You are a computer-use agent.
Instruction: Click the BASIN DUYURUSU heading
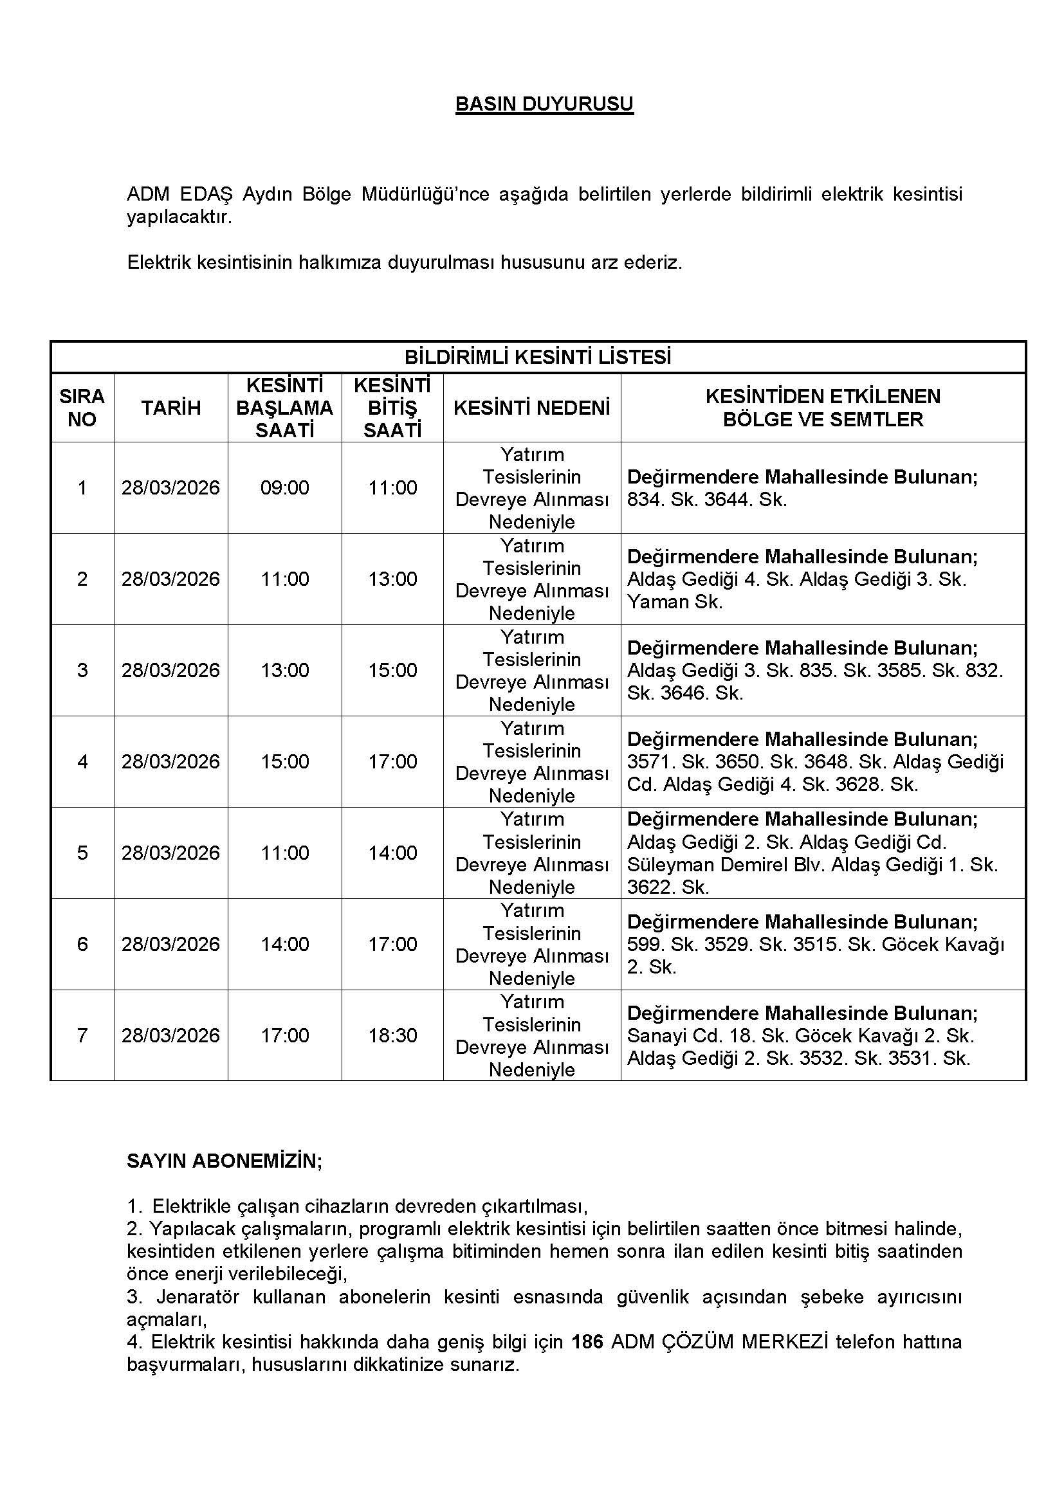tap(544, 104)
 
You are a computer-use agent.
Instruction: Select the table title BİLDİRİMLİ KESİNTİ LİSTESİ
tap(537, 357)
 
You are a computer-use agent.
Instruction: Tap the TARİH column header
tap(171, 408)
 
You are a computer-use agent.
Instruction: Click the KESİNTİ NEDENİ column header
tap(531, 408)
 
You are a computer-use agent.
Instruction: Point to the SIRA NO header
tap(82, 408)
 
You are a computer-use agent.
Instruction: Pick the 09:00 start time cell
tap(284, 487)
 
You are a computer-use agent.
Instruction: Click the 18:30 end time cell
tap(392, 1035)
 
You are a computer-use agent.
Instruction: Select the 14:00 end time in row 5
tap(392, 852)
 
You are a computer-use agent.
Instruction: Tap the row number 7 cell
tap(82, 1035)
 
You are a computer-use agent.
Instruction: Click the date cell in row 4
tap(171, 761)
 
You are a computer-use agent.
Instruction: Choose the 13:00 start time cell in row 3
tap(284, 670)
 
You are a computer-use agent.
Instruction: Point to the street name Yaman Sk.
tap(675, 602)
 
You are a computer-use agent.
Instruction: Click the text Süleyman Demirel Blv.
tap(726, 865)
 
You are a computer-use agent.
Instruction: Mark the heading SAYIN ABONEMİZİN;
tap(224, 1161)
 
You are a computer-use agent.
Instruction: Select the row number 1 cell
tap(82, 487)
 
